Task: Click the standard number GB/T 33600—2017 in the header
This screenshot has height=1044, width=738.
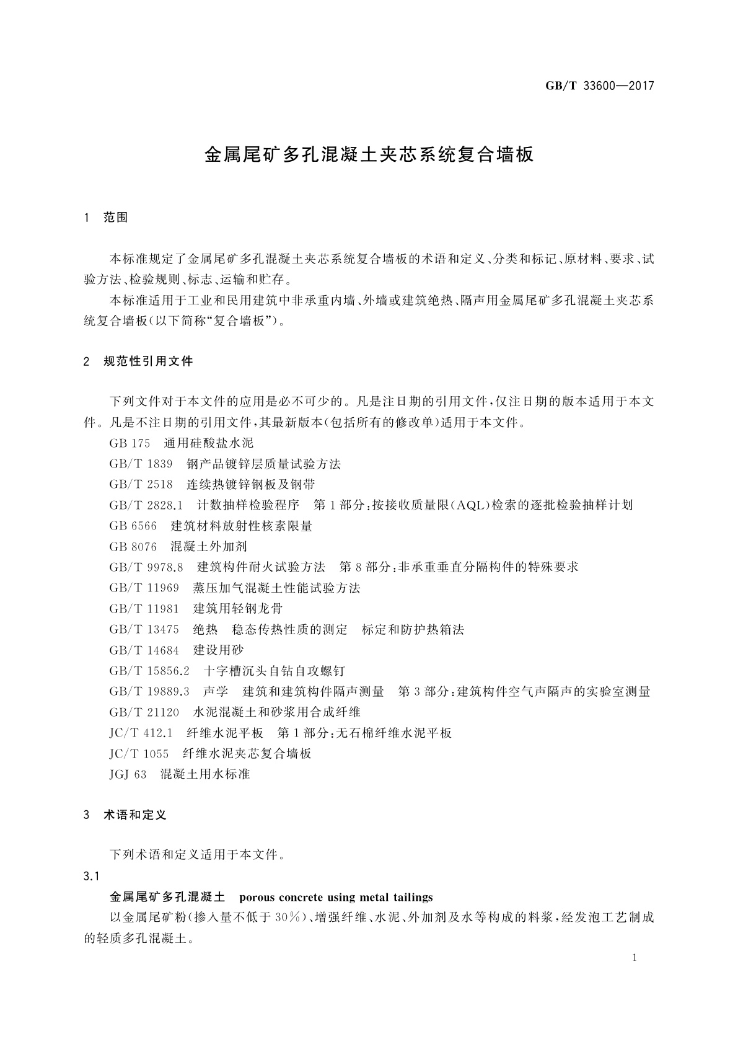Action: point(599,86)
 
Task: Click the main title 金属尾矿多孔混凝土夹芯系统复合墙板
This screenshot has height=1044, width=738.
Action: point(369,155)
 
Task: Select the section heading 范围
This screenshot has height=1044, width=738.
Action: point(116,218)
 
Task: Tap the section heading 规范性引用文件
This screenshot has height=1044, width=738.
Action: point(148,361)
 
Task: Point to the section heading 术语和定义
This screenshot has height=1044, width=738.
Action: point(135,815)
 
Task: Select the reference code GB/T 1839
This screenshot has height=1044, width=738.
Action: point(141,464)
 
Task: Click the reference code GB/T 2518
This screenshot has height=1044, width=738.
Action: point(141,484)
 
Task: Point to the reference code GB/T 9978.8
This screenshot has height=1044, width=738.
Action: point(146,567)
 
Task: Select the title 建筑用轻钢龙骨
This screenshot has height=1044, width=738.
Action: point(238,608)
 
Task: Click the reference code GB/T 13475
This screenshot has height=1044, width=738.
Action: point(144,629)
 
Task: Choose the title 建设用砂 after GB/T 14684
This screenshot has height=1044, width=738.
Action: point(219,650)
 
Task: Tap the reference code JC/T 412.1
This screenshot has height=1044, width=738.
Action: point(141,733)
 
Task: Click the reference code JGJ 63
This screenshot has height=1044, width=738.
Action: point(128,774)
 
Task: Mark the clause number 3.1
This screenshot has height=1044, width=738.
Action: point(92,876)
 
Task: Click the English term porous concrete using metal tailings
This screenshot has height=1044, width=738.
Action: point(335,897)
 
